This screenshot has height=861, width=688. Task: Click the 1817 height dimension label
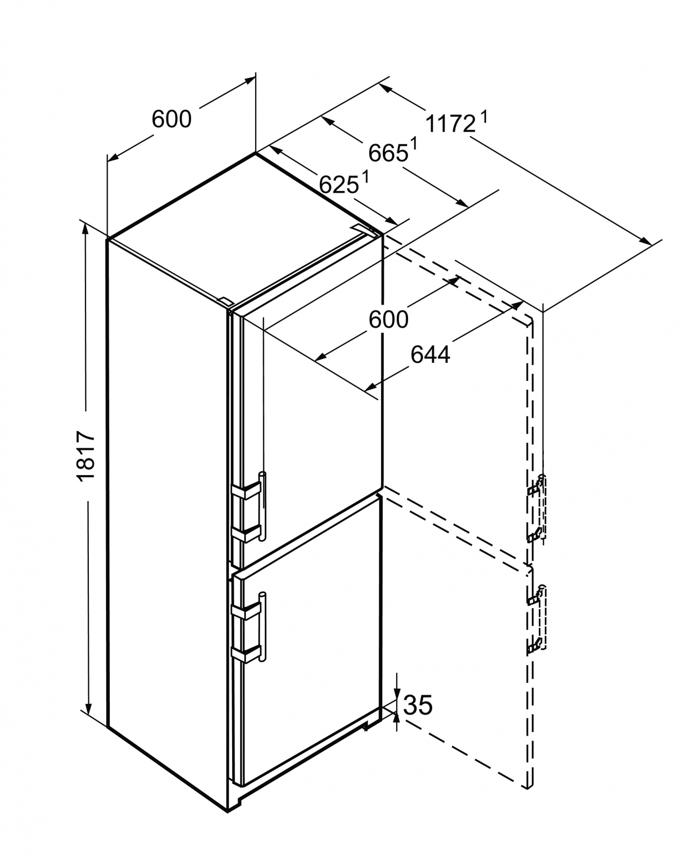click(x=86, y=455)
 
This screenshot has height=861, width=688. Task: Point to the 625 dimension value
click(x=339, y=185)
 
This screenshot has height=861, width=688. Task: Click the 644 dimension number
click(x=430, y=355)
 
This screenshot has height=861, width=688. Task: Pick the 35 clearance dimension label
click(x=418, y=705)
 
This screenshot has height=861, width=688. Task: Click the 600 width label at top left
click(x=171, y=119)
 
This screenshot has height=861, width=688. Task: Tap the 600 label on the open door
click(x=388, y=320)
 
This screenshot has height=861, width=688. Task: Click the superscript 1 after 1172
click(x=483, y=116)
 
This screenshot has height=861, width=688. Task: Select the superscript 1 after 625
click(x=365, y=176)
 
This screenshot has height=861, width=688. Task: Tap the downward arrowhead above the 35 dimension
click(x=397, y=694)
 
